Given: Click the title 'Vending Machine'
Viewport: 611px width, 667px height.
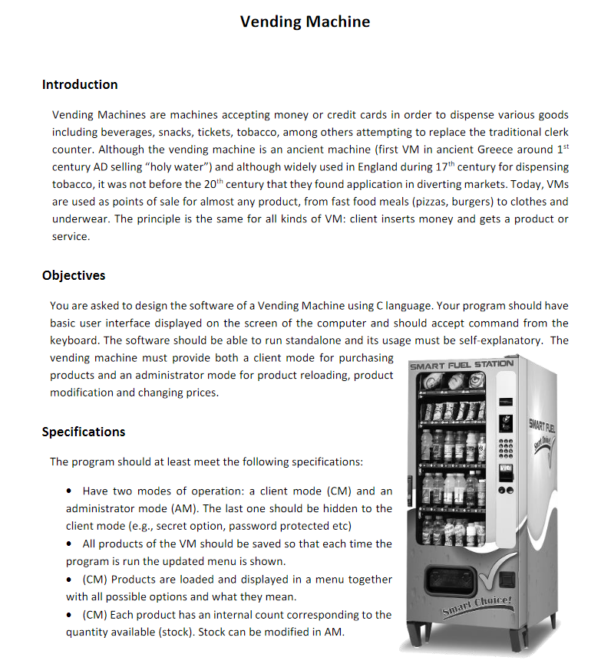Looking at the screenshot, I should tap(305, 22).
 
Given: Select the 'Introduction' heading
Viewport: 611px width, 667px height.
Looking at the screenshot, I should tap(80, 84).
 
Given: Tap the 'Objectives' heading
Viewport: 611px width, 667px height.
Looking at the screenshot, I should tap(74, 275).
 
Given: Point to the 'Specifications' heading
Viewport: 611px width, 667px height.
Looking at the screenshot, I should tap(84, 432).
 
